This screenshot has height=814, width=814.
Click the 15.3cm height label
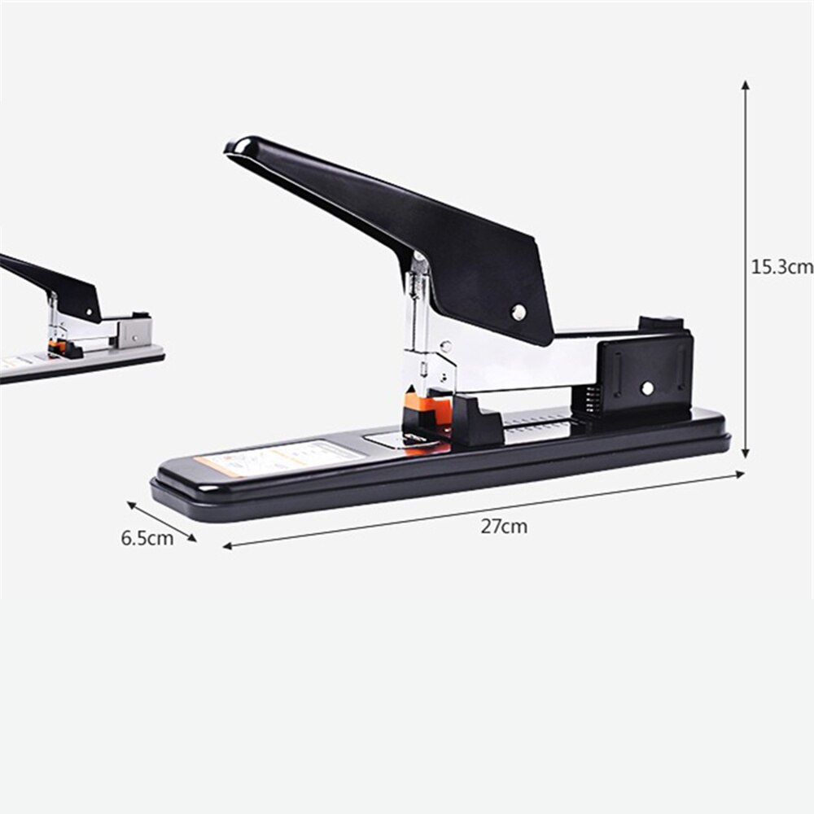pos(780,266)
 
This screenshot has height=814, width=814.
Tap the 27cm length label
pos(503,527)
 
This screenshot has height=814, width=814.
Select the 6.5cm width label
pos(147,538)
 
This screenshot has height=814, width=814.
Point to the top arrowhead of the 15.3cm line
pos(745,85)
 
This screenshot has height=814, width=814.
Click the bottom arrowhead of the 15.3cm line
pos(745,453)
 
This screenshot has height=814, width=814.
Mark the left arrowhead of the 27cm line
pos(228,546)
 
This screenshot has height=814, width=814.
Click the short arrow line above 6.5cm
pos(161,522)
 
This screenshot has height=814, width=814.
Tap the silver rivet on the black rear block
pos(646,388)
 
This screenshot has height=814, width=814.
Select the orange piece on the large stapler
pos(435,409)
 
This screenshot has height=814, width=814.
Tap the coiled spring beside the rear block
pos(592,400)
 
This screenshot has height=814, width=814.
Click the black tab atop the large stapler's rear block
pos(660,322)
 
